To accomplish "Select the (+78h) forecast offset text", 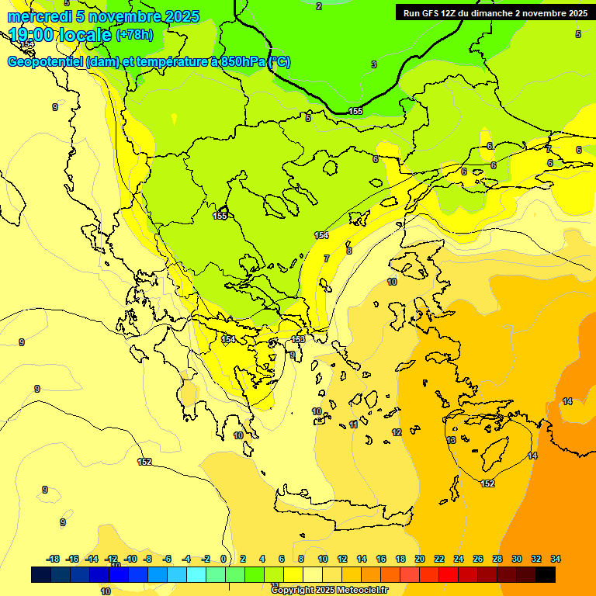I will pyautogui.click(x=134, y=35).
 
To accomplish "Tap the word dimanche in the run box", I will pyautogui.click(x=494, y=12).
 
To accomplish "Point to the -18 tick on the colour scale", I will pyautogui.click(x=53, y=559).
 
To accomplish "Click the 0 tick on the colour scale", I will pyautogui.click(x=223, y=559).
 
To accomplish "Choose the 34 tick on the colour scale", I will pyautogui.click(x=556, y=559).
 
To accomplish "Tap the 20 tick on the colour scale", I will pyautogui.click(x=419, y=559).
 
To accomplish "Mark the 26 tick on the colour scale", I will pyautogui.click(x=478, y=559).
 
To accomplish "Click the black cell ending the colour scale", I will pyautogui.click(x=546, y=574).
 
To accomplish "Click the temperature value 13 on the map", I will pyautogui.click(x=451, y=440).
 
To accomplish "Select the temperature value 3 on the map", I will pyautogui.click(x=373, y=64).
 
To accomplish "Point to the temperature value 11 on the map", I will pyautogui.click(x=353, y=424).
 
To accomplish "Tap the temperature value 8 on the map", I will pyautogui.click(x=348, y=251).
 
